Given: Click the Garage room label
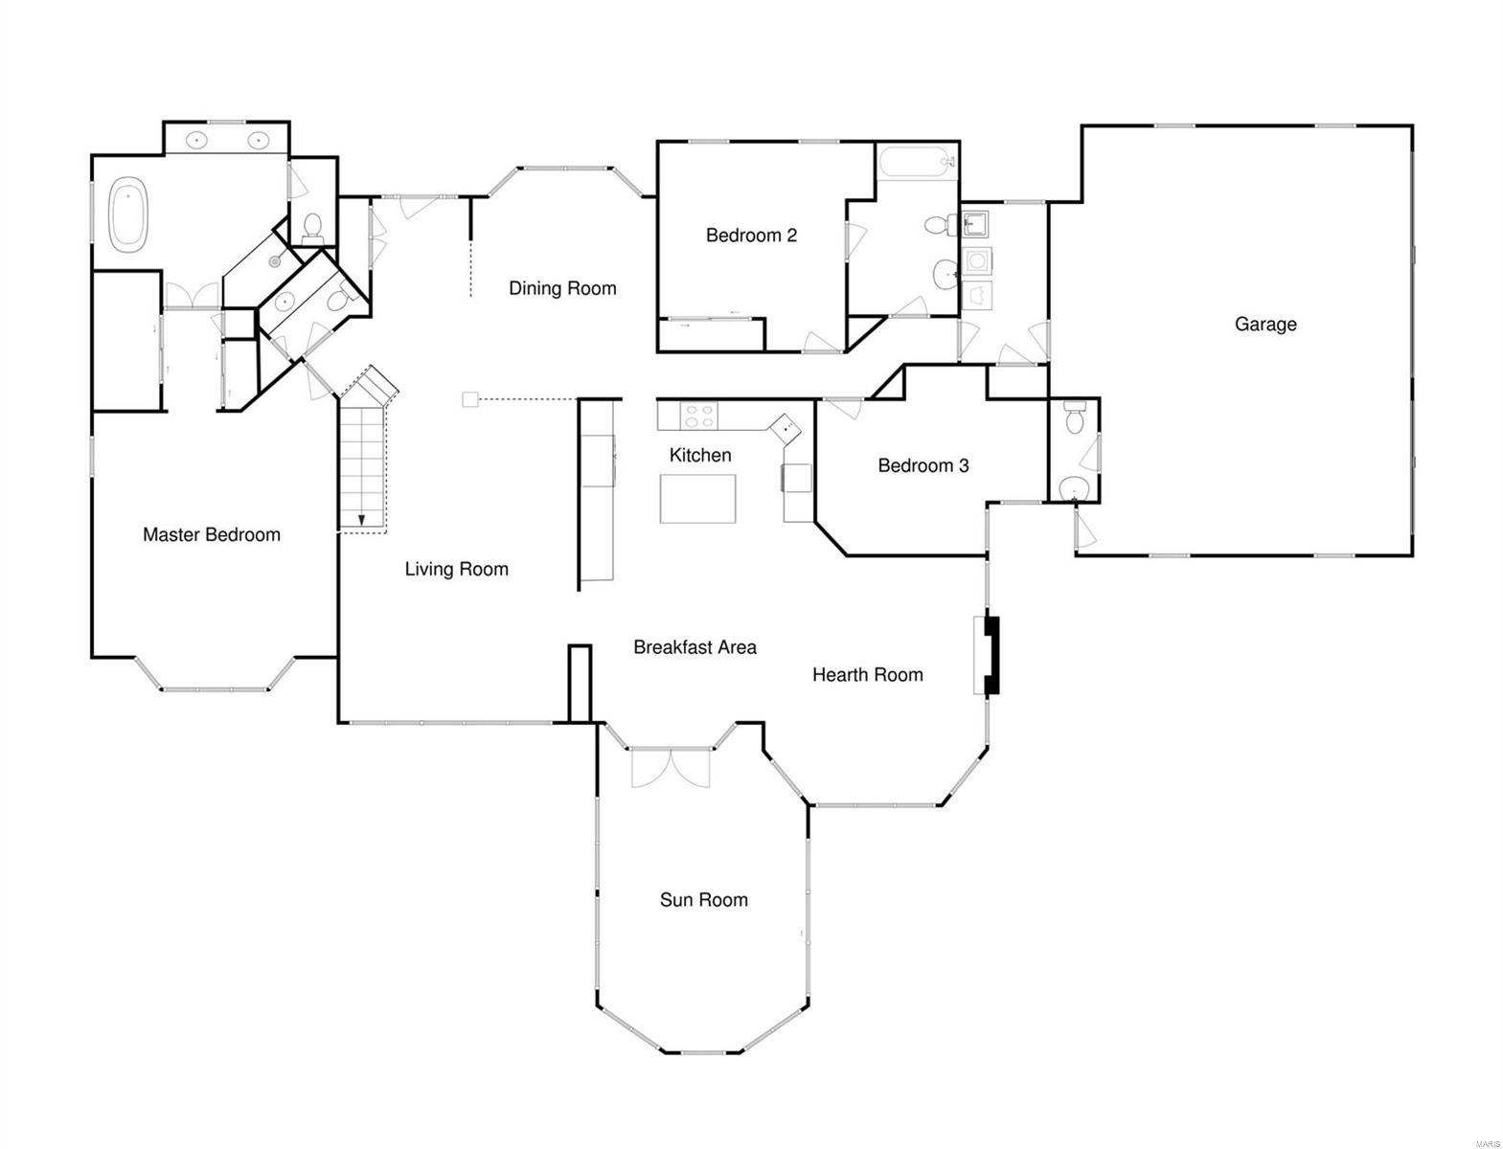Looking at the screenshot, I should pos(1264,325).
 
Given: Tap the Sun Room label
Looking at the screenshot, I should pos(703,900).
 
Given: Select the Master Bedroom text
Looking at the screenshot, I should pos(211,535).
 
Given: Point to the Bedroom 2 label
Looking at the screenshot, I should pos(751,236).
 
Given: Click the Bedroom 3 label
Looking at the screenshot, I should pos(922,466).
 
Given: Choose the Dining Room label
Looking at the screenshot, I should pos(562,288).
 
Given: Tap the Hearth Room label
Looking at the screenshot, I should pos(867,675).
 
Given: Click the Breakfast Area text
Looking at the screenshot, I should pos(695,647).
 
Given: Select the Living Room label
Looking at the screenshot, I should pos(456,570).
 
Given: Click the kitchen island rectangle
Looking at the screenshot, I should pos(697,498).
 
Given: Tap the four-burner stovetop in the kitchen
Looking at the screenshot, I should pos(698,416).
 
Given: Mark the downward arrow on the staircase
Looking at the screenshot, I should pos(361,520).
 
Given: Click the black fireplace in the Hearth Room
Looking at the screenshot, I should pos(991,655).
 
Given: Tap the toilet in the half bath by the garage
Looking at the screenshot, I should pos(1074,418).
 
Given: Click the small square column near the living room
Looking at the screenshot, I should pos(469,399).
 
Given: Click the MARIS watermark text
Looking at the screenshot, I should pos(1487,1143).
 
